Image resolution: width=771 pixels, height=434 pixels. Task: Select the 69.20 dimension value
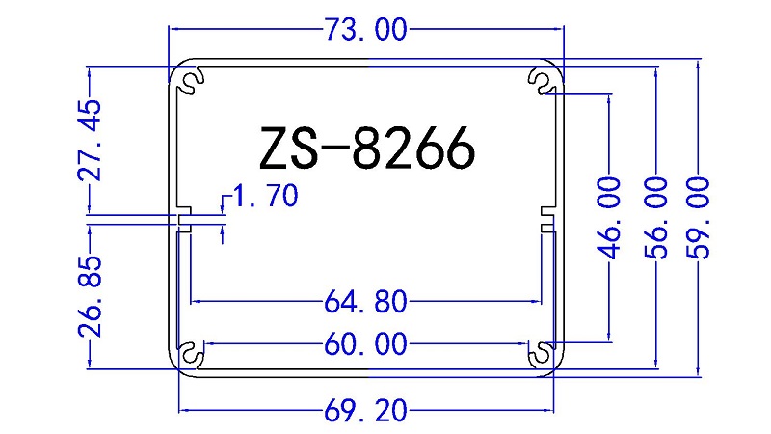point(366,413)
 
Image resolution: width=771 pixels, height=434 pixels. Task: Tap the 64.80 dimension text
point(366,303)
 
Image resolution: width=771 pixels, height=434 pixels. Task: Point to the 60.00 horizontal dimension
point(366,344)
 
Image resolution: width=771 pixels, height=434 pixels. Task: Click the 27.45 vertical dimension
point(90,140)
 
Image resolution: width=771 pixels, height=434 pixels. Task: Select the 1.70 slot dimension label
point(265,197)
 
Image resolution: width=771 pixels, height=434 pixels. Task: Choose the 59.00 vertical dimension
point(699,218)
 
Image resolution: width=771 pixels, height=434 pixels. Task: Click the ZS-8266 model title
point(366,149)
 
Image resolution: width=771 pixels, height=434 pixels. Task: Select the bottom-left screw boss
point(192,354)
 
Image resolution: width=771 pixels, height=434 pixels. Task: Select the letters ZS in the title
point(287,149)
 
